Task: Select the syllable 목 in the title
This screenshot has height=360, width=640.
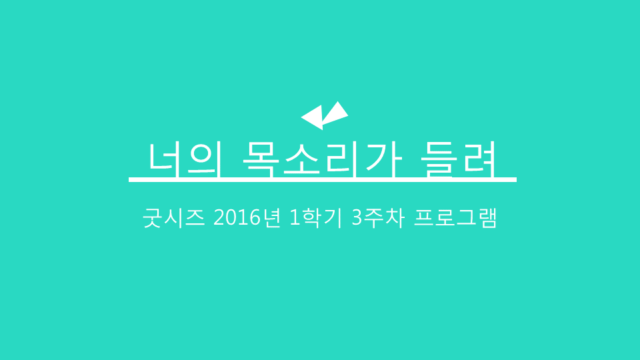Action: click(x=261, y=160)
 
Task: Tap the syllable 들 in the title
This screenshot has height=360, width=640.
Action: click(x=439, y=160)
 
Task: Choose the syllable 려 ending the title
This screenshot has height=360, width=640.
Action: click(x=479, y=159)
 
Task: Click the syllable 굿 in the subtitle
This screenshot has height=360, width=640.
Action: click(x=152, y=218)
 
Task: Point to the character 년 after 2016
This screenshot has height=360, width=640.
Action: click(x=271, y=218)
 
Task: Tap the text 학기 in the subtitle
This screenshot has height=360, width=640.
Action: click(x=321, y=218)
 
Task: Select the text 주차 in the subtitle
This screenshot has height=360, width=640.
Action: click(x=385, y=218)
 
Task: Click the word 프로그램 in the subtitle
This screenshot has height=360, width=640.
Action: click(x=455, y=218)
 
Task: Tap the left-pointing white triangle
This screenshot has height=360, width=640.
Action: click(x=315, y=117)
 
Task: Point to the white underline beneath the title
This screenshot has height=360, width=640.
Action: click(x=323, y=179)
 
